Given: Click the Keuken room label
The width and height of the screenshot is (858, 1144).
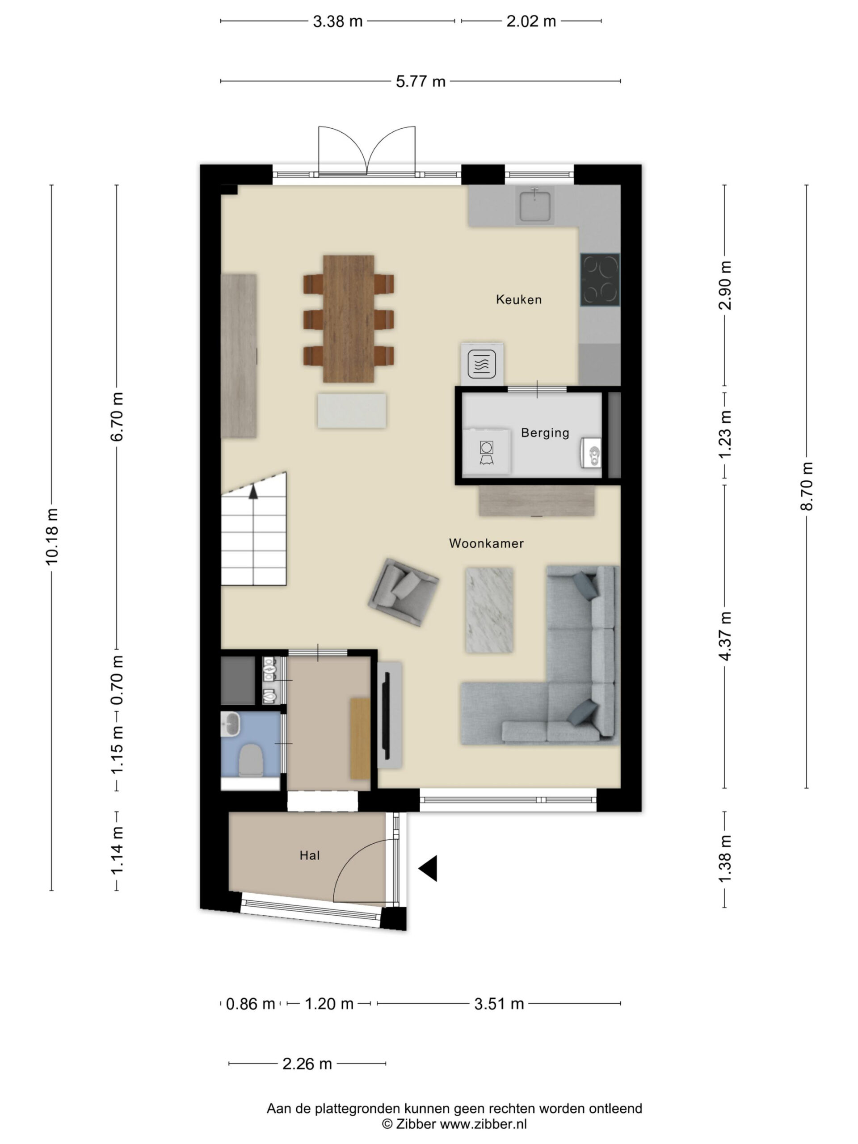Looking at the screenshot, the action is pyautogui.click(x=518, y=299).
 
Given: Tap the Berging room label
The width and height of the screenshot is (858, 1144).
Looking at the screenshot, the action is pyautogui.click(x=545, y=433).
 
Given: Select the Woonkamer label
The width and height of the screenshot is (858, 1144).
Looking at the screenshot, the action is pyautogui.click(x=486, y=543).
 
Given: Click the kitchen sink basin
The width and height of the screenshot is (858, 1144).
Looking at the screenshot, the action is pyautogui.click(x=535, y=205).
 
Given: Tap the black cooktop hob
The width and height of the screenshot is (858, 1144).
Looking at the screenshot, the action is pyautogui.click(x=599, y=279).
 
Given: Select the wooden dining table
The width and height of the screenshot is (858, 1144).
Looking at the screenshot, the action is pyautogui.click(x=348, y=319).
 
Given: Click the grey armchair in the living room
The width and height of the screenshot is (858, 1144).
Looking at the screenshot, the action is pyautogui.click(x=403, y=592).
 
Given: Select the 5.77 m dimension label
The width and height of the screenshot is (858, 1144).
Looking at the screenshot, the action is pyautogui.click(x=420, y=82).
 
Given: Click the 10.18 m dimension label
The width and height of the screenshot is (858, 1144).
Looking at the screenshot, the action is pyautogui.click(x=52, y=537).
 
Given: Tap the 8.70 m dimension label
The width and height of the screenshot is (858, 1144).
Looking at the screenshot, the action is pyautogui.click(x=806, y=486).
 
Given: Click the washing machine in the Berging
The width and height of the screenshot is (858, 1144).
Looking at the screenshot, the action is pyautogui.click(x=486, y=451).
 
